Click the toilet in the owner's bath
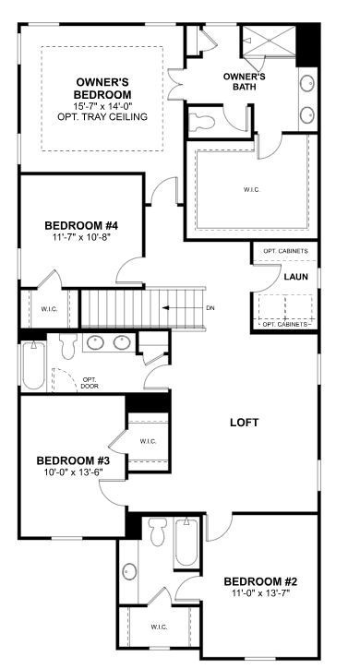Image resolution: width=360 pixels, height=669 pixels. click(205, 121)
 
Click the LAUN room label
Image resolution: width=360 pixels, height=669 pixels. click(295, 276)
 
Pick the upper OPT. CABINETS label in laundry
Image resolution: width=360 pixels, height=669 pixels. click(285, 251)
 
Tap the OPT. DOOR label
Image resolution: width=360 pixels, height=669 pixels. click(90, 382)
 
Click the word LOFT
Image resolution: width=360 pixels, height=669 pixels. click(244, 423)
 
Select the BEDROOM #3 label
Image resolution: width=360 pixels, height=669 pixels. click(73, 460)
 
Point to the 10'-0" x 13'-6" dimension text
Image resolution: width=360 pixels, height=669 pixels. click(73, 472)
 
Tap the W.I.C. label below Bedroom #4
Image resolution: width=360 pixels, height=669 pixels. click(49, 309)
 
